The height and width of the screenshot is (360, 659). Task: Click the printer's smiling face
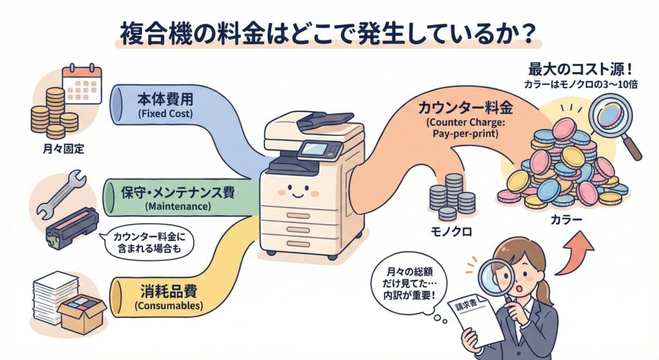tap(299, 191)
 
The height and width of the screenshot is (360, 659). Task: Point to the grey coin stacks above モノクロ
tap(450, 196)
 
